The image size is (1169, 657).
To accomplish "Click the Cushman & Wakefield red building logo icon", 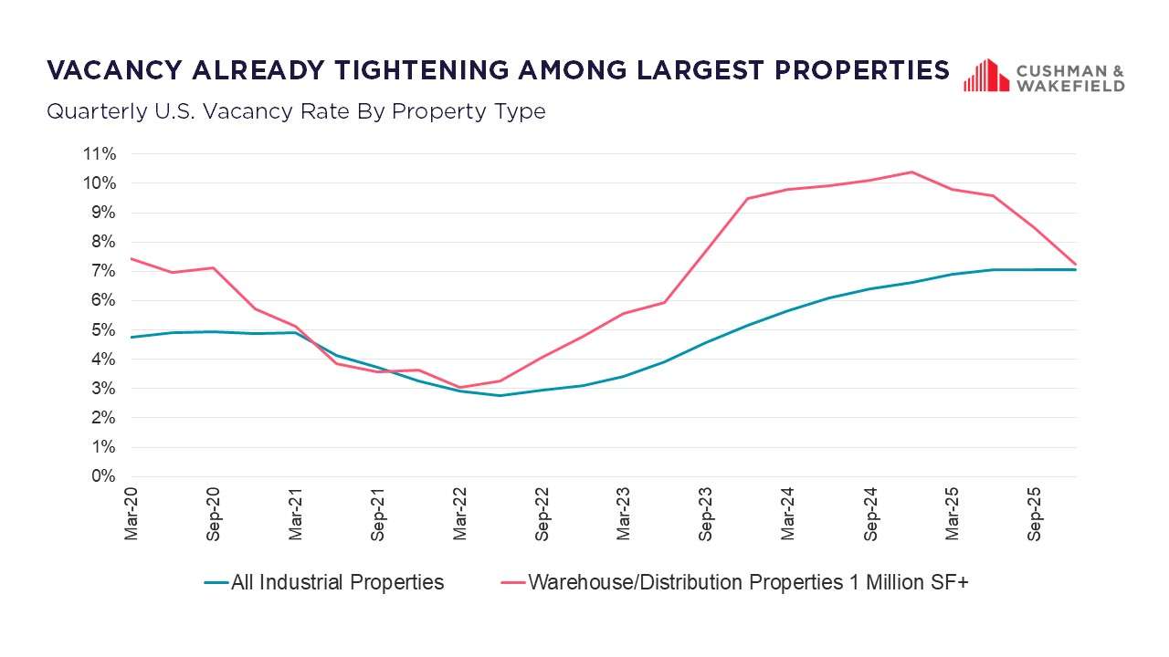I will [985, 76].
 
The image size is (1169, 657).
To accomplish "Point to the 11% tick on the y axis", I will [100, 154].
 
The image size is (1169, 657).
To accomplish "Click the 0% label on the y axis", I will [103, 476].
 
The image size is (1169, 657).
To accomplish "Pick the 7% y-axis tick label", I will [103, 271].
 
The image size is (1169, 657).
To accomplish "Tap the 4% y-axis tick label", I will [103, 360].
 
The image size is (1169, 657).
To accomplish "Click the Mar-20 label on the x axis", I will [132, 516].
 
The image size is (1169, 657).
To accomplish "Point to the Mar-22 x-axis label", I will [460, 516].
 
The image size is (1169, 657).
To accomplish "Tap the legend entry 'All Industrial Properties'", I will [337, 582].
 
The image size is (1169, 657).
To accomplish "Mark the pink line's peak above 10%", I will [911, 172].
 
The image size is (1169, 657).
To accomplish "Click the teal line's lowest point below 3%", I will [500, 395].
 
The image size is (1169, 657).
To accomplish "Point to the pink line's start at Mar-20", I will [132, 258].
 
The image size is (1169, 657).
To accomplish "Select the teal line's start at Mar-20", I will [132, 337].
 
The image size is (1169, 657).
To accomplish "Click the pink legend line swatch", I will [512, 582].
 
